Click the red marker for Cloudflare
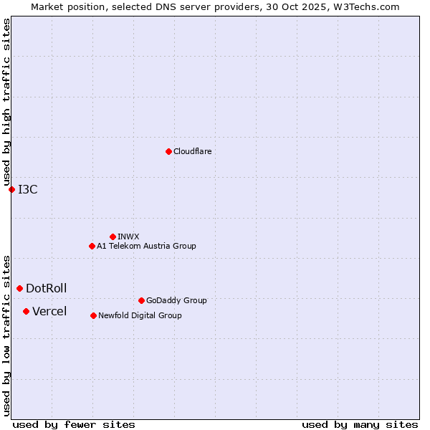(x=168, y=151)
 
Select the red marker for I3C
(x=11, y=189)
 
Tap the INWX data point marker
(x=113, y=236)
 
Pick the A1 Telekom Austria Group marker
(x=92, y=246)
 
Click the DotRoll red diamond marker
(x=19, y=288)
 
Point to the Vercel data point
(x=26, y=311)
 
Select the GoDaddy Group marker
(x=141, y=300)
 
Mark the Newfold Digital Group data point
(x=93, y=315)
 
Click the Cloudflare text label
(x=192, y=151)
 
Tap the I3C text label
(x=28, y=189)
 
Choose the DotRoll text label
(x=46, y=288)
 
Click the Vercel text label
(x=49, y=311)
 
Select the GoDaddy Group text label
(x=176, y=300)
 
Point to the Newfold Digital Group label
(x=140, y=315)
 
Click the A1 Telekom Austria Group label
(x=146, y=246)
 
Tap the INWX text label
(x=128, y=236)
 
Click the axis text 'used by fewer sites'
(x=74, y=424)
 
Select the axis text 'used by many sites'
(x=360, y=424)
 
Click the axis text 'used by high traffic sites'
(x=6, y=102)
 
